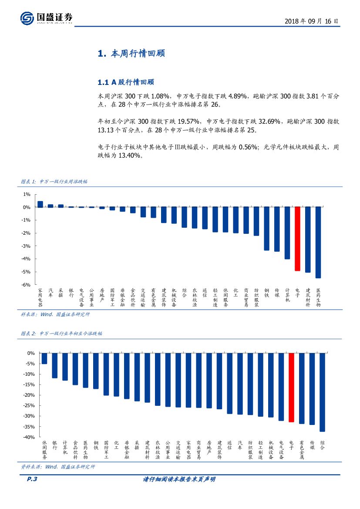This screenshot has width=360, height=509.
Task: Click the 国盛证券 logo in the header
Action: (x=47, y=18)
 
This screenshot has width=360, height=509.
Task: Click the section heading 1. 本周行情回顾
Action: (x=131, y=54)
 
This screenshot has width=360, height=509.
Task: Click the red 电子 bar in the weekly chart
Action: (x=297, y=239)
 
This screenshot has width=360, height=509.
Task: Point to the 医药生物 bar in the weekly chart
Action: (x=318, y=242)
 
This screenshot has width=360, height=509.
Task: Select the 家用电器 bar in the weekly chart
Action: (x=40, y=204)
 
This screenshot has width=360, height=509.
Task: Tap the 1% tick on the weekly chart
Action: (x=27, y=194)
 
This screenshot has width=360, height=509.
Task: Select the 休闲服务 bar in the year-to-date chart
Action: (x=44, y=358)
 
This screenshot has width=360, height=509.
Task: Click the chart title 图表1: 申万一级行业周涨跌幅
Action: (x=54, y=182)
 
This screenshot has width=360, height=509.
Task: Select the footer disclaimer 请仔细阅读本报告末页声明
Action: (x=179, y=479)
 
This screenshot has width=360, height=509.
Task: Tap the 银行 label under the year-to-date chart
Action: (x=55, y=445)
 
